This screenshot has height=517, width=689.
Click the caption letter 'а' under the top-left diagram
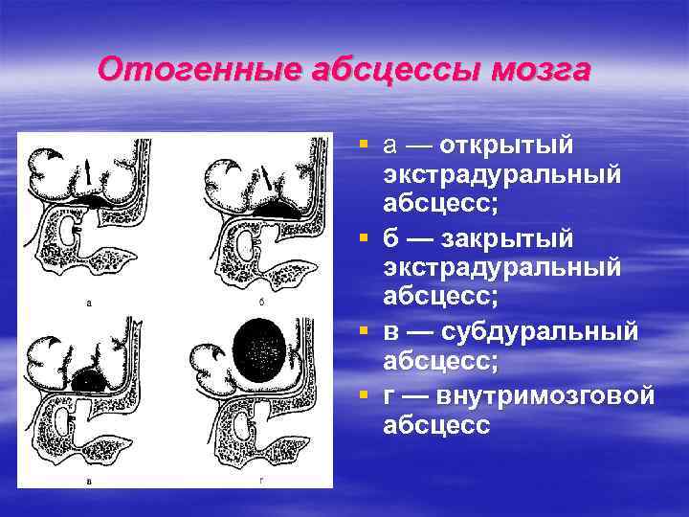click(89, 303)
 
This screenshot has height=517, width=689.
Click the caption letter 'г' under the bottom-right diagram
click(261, 478)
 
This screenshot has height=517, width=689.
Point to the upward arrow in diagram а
click(89, 173)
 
